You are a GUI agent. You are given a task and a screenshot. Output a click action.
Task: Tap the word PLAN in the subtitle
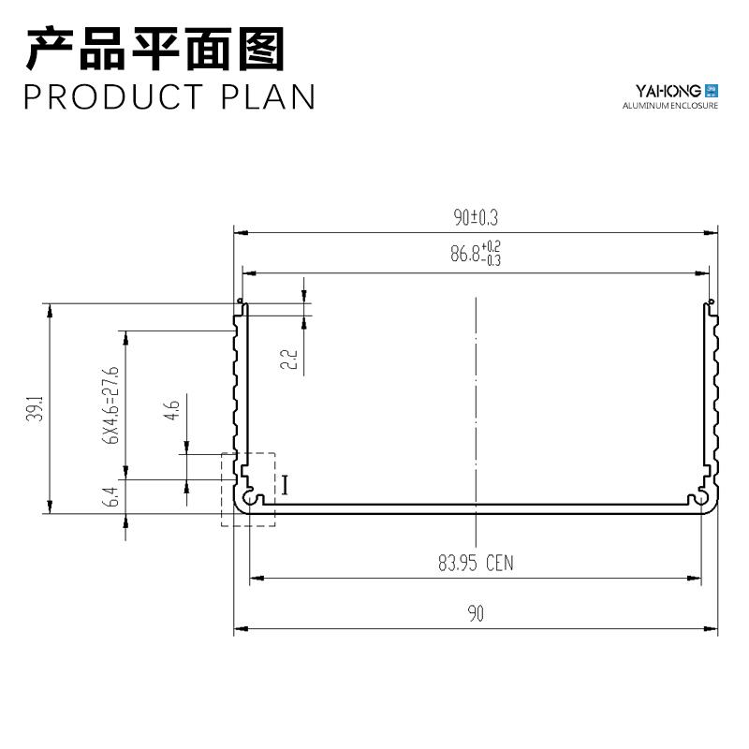(269, 97)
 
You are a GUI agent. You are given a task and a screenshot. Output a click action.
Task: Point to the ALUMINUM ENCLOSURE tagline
(670, 107)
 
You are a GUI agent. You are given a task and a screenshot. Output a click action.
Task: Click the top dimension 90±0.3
(476, 217)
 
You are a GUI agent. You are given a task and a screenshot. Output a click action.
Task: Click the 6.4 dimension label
(112, 497)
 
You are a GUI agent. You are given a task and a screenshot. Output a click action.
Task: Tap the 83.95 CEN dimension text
(476, 564)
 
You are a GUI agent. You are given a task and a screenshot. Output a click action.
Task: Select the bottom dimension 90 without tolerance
(476, 614)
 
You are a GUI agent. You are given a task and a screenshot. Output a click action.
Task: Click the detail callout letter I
(285, 485)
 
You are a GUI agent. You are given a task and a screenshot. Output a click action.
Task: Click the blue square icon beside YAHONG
(711, 90)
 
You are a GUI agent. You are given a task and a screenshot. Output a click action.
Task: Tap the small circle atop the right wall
(711, 301)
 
